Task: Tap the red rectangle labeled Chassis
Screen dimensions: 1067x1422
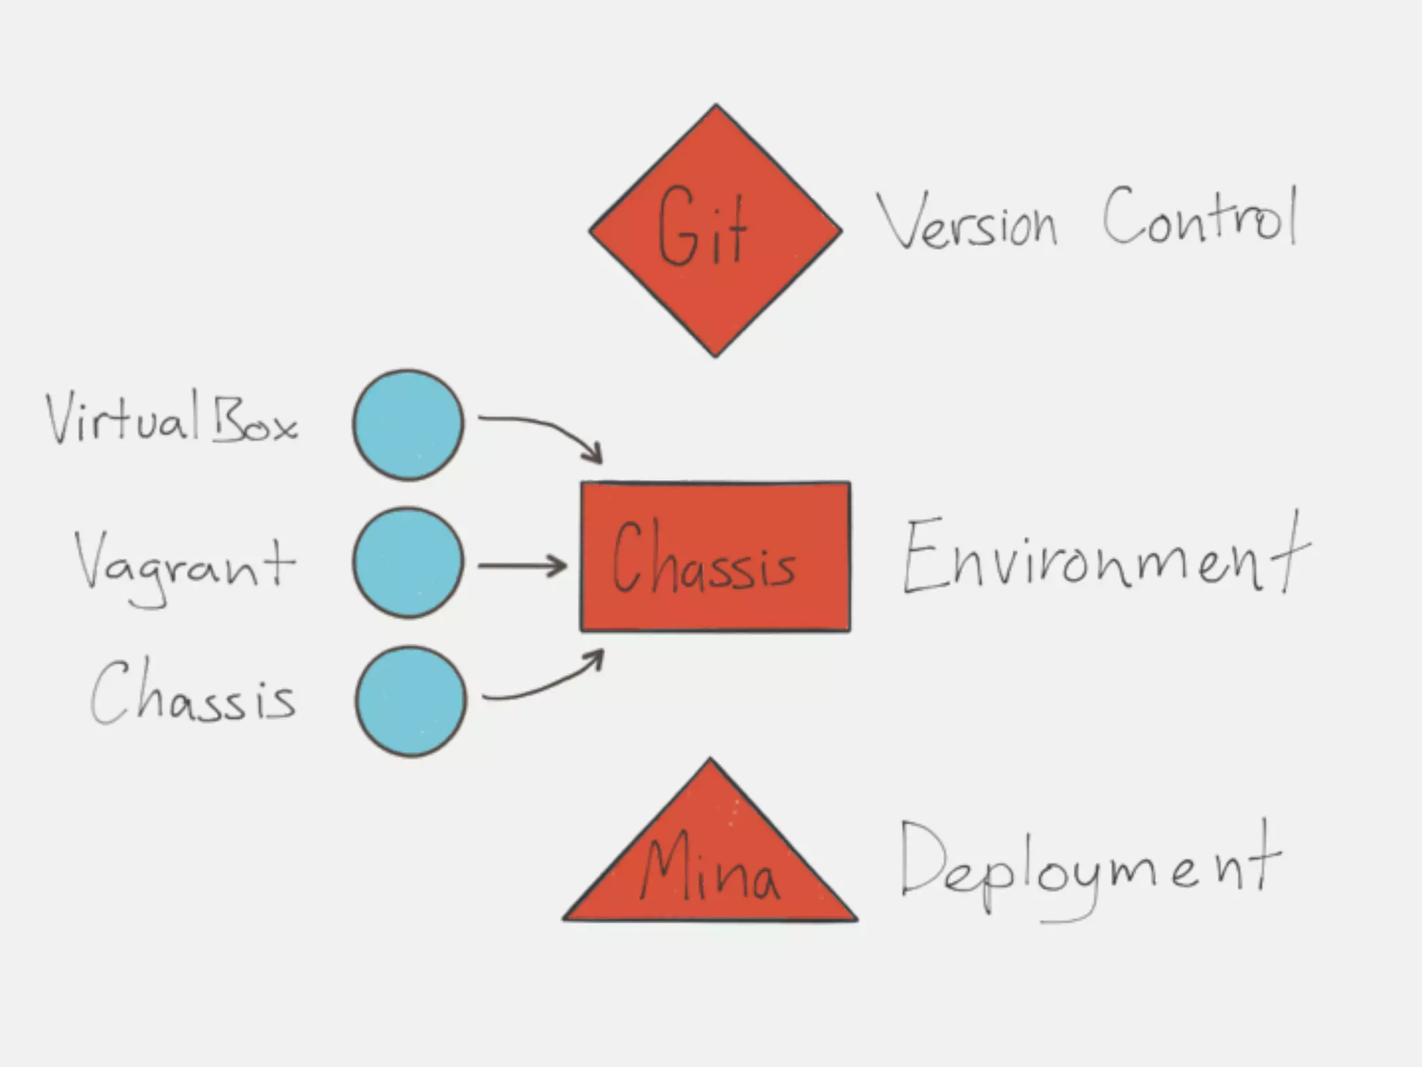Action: coord(715,611)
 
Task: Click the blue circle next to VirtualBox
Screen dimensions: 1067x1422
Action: coord(408,425)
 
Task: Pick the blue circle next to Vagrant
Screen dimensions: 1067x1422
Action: coord(408,563)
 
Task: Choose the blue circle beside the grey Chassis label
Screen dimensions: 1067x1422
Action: coord(410,701)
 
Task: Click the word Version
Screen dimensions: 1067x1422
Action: coord(967,221)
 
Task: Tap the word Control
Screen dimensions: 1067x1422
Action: coord(1200,217)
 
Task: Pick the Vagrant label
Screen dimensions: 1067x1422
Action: coord(185,566)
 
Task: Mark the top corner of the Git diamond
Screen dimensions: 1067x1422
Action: coord(716,106)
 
